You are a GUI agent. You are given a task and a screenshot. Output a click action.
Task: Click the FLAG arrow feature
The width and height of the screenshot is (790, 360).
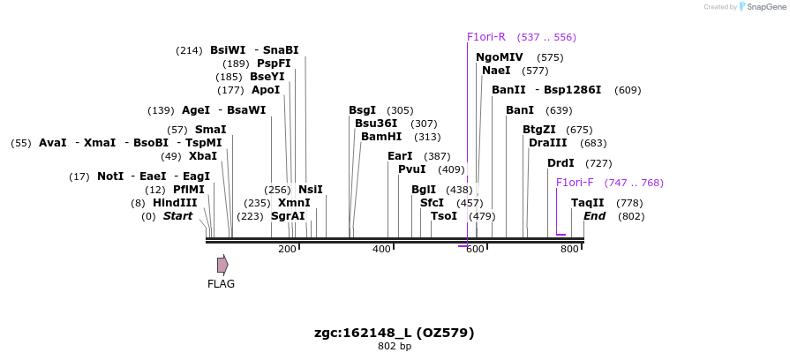click(222, 265)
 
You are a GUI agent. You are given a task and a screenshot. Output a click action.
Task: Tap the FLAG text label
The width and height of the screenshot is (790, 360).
click(221, 284)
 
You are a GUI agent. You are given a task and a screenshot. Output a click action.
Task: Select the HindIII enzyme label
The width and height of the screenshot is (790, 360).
click(175, 203)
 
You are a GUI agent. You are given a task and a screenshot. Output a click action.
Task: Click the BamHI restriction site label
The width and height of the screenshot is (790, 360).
click(381, 137)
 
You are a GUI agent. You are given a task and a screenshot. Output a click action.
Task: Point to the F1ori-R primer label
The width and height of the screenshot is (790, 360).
click(486, 37)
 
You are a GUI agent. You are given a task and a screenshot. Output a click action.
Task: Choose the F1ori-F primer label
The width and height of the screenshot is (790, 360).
click(575, 183)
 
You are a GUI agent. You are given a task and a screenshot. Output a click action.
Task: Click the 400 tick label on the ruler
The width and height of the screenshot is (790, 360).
click(381, 250)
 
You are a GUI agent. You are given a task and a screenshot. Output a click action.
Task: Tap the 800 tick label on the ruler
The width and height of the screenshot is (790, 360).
click(569, 250)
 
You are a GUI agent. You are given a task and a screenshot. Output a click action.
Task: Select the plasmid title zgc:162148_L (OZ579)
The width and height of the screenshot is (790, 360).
click(395, 333)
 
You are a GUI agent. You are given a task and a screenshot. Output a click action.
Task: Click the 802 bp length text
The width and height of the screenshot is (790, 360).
click(395, 346)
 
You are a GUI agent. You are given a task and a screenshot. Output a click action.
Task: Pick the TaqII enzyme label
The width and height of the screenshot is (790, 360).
click(588, 203)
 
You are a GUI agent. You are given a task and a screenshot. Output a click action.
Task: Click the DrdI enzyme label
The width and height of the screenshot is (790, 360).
click(561, 163)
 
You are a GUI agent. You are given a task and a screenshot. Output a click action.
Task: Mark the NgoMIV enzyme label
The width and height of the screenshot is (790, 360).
click(500, 57)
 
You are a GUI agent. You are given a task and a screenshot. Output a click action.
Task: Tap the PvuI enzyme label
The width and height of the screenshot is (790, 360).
click(412, 169)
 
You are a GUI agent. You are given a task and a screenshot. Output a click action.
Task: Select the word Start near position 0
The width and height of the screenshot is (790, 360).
click(177, 216)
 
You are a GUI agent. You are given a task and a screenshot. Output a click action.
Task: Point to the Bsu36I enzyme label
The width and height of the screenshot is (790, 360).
click(377, 124)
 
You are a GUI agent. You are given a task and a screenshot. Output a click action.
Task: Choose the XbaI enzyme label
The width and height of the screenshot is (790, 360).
click(203, 156)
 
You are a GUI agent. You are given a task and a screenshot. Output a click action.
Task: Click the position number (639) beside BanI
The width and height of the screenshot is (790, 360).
click(559, 110)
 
